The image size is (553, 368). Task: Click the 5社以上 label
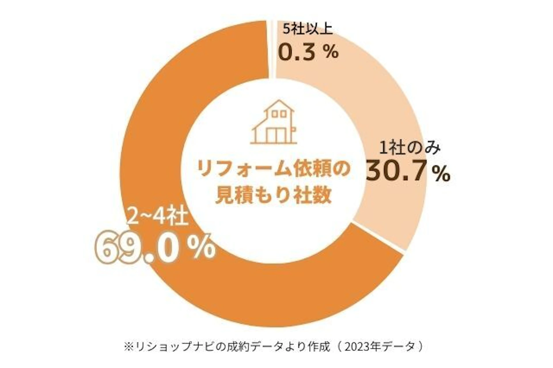(x=307, y=29)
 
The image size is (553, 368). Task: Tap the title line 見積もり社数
(x=273, y=196)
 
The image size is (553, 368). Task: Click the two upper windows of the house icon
(x=279, y=114)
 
